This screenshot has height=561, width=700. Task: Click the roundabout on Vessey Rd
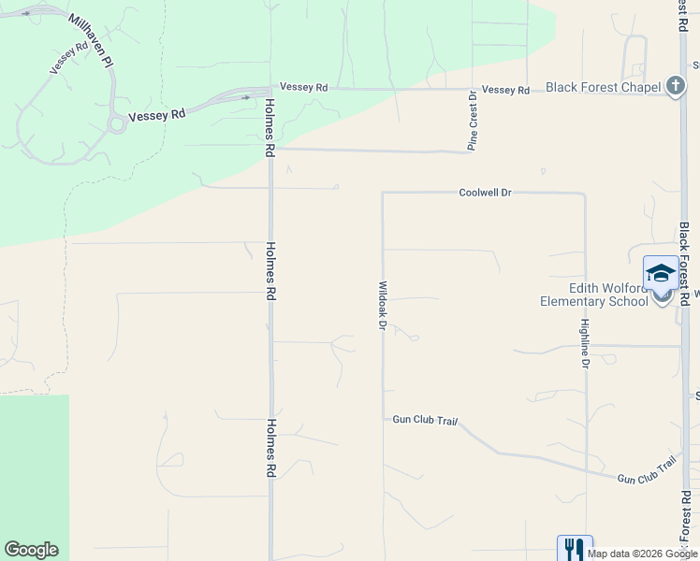(117, 123)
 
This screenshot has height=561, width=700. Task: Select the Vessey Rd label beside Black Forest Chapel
(505, 90)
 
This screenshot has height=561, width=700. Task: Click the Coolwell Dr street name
(485, 193)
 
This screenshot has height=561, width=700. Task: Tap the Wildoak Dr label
(382, 305)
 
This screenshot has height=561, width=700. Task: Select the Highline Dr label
(584, 343)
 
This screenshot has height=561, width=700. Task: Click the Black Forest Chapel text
(603, 87)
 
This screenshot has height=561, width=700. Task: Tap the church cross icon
(676, 87)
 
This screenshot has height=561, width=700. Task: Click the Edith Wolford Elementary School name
(593, 295)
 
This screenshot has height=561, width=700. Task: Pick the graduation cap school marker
(661, 273)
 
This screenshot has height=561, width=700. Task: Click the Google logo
(31, 550)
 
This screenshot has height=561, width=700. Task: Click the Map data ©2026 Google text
(642, 554)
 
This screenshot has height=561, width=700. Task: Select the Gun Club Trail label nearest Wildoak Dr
(425, 421)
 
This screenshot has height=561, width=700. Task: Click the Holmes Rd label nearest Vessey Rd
(270, 127)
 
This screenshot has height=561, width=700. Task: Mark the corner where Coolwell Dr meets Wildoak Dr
(382, 193)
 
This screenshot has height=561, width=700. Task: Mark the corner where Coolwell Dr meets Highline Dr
(585, 194)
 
